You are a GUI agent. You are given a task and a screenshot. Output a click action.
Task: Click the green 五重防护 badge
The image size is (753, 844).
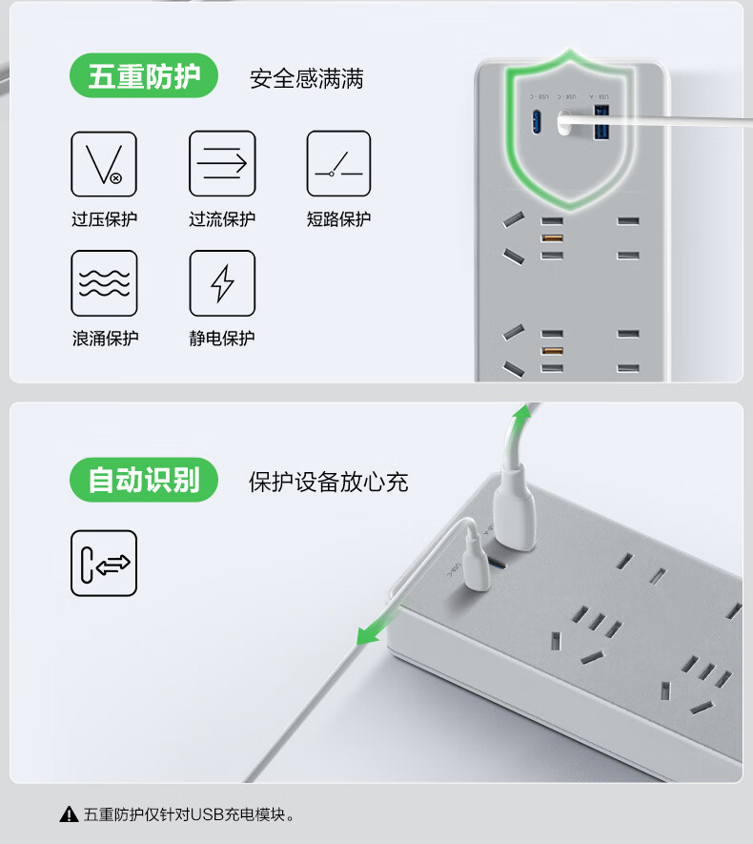pyautogui.click(x=144, y=75)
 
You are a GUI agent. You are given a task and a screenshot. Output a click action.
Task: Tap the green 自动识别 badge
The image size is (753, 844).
pyautogui.click(x=144, y=480)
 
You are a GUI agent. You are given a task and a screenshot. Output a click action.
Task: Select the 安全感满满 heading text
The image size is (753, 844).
pyautogui.click(x=307, y=78)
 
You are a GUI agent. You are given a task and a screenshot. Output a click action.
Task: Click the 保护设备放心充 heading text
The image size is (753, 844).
pyautogui.click(x=328, y=482)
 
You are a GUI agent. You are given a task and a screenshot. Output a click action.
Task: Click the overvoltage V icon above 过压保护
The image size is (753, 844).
pyautogui.click(x=104, y=164)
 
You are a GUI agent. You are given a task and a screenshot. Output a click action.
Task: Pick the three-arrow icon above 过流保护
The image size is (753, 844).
pyautogui.click(x=222, y=163)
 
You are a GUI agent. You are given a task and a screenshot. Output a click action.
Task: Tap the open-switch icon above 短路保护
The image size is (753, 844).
pyautogui.click(x=339, y=163)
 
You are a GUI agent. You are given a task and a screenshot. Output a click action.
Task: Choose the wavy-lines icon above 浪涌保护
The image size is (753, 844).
pyautogui.click(x=104, y=283)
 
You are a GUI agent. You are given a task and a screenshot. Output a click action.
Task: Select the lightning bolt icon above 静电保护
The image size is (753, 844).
pyautogui.click(x=222, y=283)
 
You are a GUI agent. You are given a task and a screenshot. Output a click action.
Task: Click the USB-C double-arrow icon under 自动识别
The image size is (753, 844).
pyautogui.click(x=104, y=563)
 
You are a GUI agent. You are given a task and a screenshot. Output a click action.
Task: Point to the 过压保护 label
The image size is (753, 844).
pyautogui.click(x=104, y=219)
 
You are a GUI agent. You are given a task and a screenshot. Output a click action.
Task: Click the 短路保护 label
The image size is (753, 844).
pyautogui.click(x=339, y=219)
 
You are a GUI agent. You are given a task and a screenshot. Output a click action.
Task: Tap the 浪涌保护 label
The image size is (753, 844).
pyautogui.click(x=106, y=338)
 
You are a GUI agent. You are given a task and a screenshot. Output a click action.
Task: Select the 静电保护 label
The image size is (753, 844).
pyautogui.click(x=221, y=338)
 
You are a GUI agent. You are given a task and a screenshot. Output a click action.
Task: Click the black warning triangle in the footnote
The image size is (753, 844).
pyautogui.click(x=69, y=815)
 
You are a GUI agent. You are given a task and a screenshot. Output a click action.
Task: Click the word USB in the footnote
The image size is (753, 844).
pyautogui.click(x=207, y=814)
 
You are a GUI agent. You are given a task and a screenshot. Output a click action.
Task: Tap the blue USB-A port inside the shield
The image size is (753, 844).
pyautogui.click(x=601, y=123)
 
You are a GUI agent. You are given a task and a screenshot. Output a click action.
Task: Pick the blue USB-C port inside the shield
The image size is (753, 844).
pyautogui.click(x=537, y=122)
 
